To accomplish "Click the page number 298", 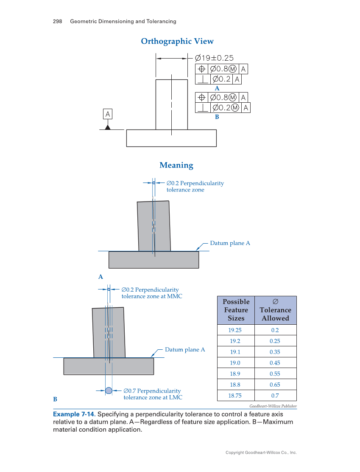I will point(58,21).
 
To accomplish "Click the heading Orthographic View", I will point(177,41).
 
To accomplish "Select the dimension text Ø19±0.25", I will point(214,58).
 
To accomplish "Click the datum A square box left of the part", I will point(108,114).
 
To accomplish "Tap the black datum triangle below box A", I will point(108,127).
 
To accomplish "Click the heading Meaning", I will point(176,165).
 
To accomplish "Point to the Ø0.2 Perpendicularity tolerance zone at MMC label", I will point(152,293).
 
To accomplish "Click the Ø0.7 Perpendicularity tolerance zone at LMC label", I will point(152,394).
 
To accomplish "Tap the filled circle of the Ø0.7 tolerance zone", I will point(109,391).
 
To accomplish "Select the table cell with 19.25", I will point(236,330).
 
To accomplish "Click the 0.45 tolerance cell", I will point(275,363).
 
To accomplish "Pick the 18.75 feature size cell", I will point(236,396).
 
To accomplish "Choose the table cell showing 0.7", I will point(275,396).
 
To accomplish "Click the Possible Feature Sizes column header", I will point(236,310).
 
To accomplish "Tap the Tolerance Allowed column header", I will point(275,310).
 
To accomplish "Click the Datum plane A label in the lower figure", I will point(185,350).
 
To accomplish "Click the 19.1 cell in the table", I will point(236,352).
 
